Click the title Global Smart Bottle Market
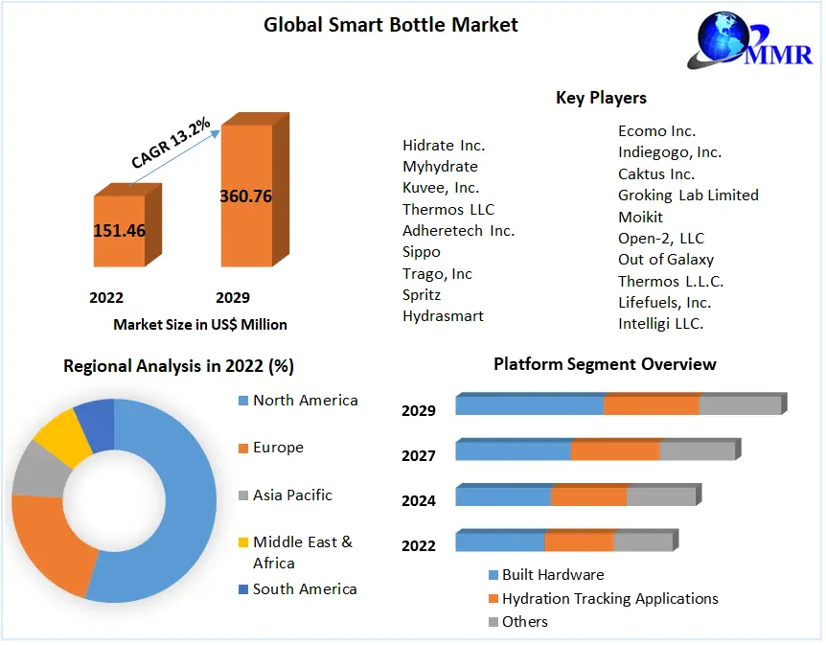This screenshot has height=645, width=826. coord(391,25)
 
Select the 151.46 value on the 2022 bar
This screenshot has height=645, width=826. coord(120,230)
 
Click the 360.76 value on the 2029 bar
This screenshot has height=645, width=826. coord(245,196)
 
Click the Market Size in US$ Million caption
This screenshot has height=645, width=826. coord(200,324)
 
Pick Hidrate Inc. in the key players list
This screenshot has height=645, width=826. coord(444,146)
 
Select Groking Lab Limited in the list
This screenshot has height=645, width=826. coord(688,196)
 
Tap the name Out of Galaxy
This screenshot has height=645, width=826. coord(666,259)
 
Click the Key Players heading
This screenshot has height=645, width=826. coord(601,98)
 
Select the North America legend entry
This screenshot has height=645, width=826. coord(305,401)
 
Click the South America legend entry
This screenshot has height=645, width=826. coord(305,589)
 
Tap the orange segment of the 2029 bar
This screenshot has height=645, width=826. coord(652,404)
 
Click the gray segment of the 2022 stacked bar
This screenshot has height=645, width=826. coord(643,542)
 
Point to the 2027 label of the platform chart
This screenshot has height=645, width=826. coord(419,455)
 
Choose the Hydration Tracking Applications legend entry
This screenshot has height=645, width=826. coord(609,599)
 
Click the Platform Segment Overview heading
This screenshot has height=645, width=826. coord(605,364)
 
